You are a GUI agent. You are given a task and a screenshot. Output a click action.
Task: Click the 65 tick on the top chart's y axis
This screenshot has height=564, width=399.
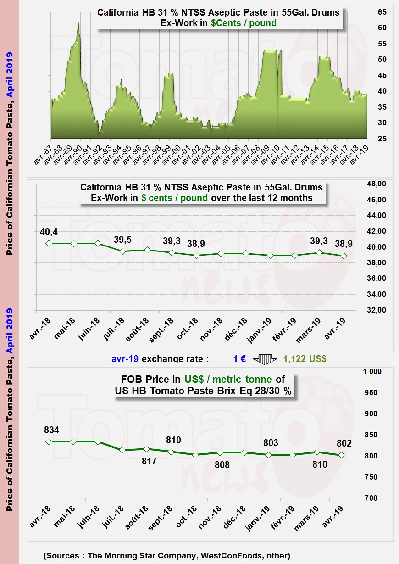click(x=382, y=12)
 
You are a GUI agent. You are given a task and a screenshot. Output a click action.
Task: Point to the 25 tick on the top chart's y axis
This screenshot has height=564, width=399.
click(x=382, y=139)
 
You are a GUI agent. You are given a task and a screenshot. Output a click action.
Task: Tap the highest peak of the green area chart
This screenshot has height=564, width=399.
click(x=78, y=23)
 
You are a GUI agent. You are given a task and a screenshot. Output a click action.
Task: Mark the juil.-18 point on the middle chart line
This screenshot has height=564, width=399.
click(x=122, y=251)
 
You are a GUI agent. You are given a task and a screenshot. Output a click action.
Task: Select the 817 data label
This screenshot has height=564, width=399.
click(x=149, y=461)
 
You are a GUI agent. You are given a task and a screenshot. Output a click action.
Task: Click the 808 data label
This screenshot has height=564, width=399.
click(x=222, y=465)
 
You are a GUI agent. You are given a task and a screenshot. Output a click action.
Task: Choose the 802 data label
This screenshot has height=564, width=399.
click(x=344, y=443)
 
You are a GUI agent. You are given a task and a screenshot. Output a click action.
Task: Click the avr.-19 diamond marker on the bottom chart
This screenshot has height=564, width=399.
click(x=341, y=455)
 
